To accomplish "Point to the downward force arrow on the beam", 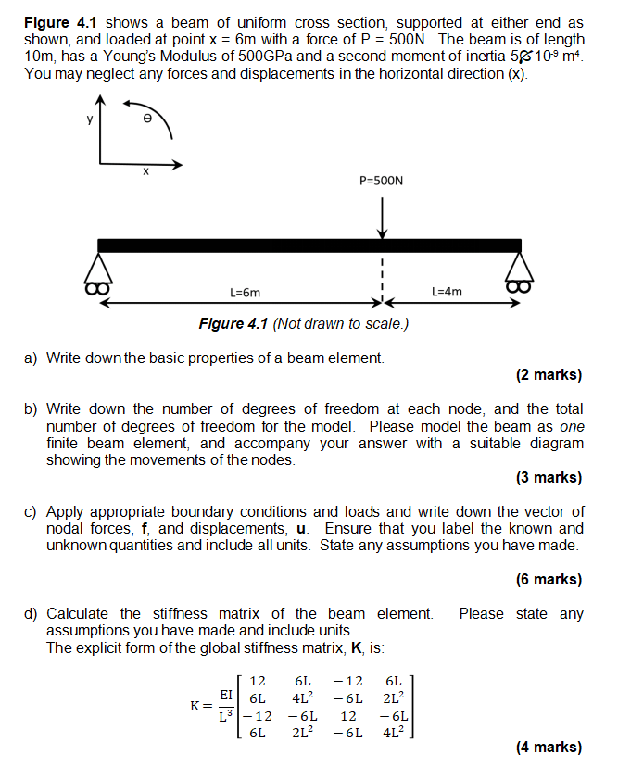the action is point(382,217).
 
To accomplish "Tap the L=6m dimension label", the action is point(245,292).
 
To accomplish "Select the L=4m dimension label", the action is point(447,292).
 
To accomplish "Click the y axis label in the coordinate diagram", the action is point(90,118).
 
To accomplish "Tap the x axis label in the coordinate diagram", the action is point(146,172).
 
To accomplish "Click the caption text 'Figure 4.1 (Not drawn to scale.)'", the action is point(303,323).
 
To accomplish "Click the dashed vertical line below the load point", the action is point(382,278).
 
